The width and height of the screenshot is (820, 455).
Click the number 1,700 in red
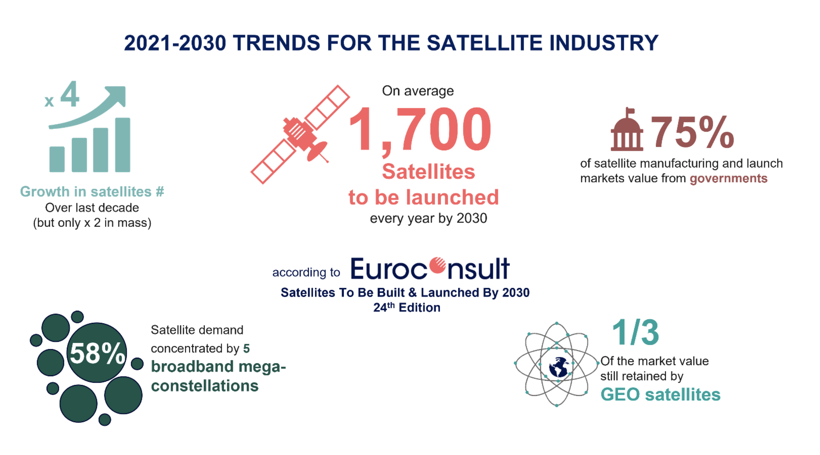click(x=420, y=129)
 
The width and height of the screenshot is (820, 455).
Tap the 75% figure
click(x=692, y=132)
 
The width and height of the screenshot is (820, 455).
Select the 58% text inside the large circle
click(x=97, y=353)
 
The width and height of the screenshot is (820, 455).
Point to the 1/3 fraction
click(x=635, y=333)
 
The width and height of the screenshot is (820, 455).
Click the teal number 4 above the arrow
click(x=70, y=94)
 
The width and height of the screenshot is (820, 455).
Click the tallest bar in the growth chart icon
click(x=122, y=145)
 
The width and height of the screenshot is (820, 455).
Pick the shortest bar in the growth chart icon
click(x=57, y=159)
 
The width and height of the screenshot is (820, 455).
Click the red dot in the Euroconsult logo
click(x=438, y=266)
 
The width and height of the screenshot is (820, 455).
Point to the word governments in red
click(x=728, y=179)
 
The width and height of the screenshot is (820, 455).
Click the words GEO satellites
click(x=660, y=394)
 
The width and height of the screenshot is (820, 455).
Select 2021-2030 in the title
click(x=175, y=43)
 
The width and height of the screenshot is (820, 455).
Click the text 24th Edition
click(x=406, y=307)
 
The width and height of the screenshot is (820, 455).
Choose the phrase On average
click(x=417, y=91)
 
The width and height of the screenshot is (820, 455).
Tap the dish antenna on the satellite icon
click(x=317, y=151)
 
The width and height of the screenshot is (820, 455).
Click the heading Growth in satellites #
click(x=92, y=192)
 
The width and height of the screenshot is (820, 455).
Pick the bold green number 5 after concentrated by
click(x=246, y=348)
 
